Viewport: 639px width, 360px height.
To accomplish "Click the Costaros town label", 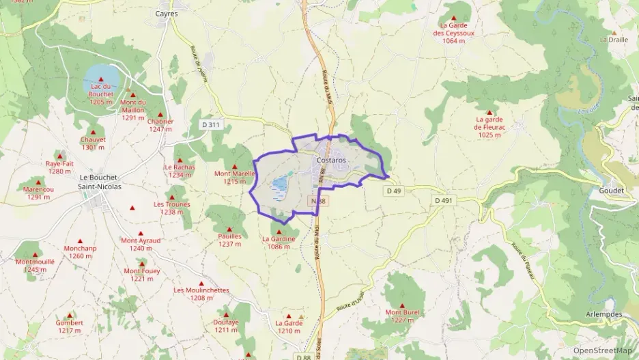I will (331, 160).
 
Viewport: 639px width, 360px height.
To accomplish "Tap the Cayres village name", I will (166, 13).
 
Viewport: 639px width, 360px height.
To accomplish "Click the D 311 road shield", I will (212, 124).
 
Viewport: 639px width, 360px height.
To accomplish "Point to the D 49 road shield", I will (393, 191).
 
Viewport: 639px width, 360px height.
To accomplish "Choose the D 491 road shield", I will (443, 200).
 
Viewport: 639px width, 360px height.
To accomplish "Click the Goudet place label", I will (611, 191).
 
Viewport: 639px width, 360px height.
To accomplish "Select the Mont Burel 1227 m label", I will (402, 316).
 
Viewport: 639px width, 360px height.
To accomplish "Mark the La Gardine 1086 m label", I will (279, 243).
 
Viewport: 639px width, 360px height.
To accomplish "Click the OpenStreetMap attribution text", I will (602, 350).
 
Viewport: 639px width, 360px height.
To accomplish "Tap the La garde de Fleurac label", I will (489, 127).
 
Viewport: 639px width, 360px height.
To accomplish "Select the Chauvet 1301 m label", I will (93, 143).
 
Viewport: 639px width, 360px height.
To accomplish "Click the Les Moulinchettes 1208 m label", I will (201, 294).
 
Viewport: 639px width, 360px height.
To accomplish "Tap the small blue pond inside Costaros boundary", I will (280, 183).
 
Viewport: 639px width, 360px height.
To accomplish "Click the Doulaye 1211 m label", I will (226, 326).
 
